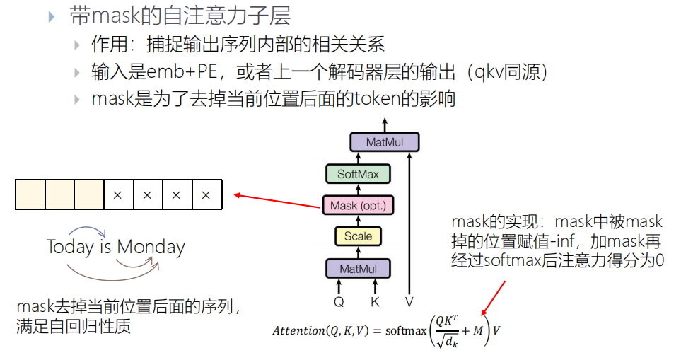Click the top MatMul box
(x=385, y=142)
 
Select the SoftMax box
(x=358, y=174)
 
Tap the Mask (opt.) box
(x=358, y=206)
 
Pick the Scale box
(x=358, y=236)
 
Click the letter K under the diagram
(x=375, y=302)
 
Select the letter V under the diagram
(x=409, y=302)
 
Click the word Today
(x=70, y=248)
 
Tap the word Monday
(x=151, y=248)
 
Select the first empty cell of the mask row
(x=30, y=195)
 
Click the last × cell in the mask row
(x=206, y=195)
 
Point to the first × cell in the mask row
(x=118, y=195)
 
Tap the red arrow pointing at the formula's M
(x=494, y=296)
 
